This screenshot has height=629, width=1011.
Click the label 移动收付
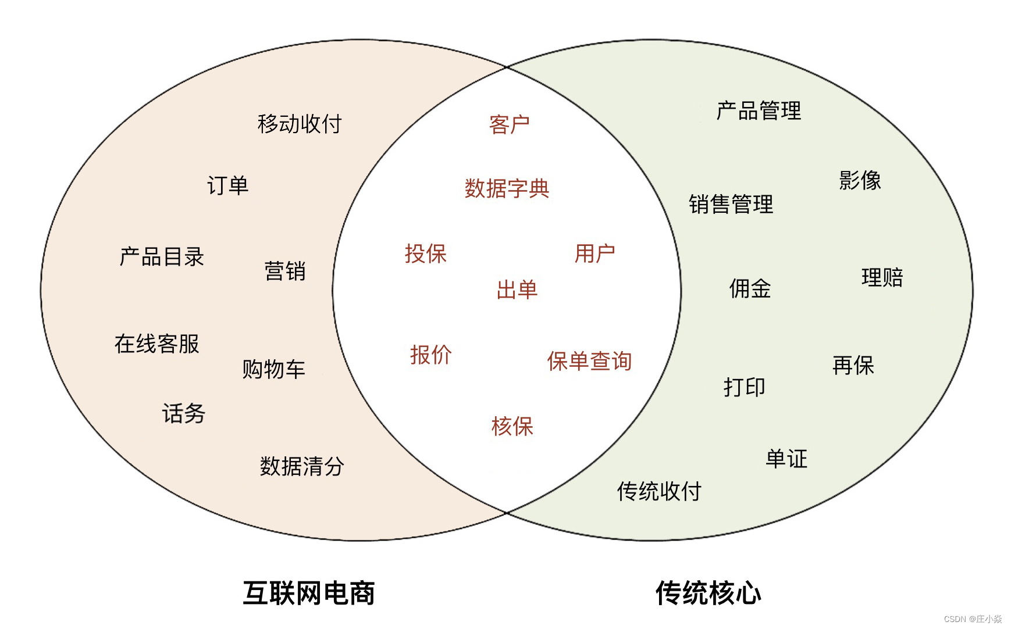pyautogui.click(x=300, y=124)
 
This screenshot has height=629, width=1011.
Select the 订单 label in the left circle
pyautogui.click(x=227, y=185)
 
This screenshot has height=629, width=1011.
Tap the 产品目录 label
pyautogui.click(x=162, y=256)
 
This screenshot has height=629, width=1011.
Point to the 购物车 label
pyautogui.click(x=273, y=369)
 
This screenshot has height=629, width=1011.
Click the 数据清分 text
pyautogui.click(x=302, y=466)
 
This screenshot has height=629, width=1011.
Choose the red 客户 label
pyautogui.click(x=510, y=124)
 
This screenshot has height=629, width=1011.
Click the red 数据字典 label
pyautogui.click(x=507, y=188)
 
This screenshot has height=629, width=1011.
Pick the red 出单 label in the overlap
pyautogui.click(x=517, y=290)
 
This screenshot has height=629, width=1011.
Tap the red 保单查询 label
pyautogui.click(x=589, y=361)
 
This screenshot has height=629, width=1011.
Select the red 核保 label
pyautogui.click(x=512, y=426)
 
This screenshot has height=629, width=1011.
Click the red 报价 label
pyautogui.click(x=430, y=355)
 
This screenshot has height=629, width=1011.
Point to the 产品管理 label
pyautogui.click(x=759, y=110)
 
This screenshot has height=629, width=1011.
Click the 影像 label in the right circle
pyautogui.click(x=860, y=180)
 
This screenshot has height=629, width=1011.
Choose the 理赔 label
pyautogui.click(x=882, y=277)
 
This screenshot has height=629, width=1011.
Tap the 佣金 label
pyautogui.click(x=750, y=288)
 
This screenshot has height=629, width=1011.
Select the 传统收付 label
pyautogui.click(x=659, y=491)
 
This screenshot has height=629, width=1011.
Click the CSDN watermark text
pyautogui.click(x=973, y=619)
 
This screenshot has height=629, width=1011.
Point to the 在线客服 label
pyautogui.click(x=157, y=344)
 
